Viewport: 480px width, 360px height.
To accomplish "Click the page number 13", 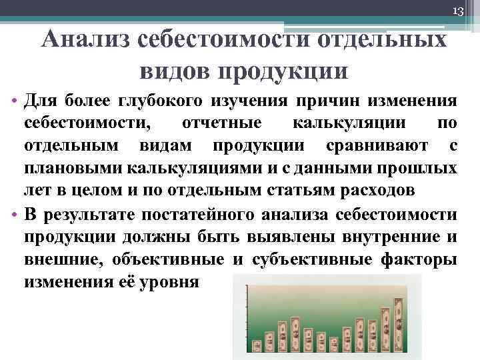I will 457,11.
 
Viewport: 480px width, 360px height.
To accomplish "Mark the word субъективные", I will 325,259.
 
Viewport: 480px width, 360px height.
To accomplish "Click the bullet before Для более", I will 15,101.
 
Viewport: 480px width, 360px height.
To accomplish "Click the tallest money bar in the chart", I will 399,323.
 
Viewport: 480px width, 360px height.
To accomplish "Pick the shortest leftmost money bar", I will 257,346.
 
